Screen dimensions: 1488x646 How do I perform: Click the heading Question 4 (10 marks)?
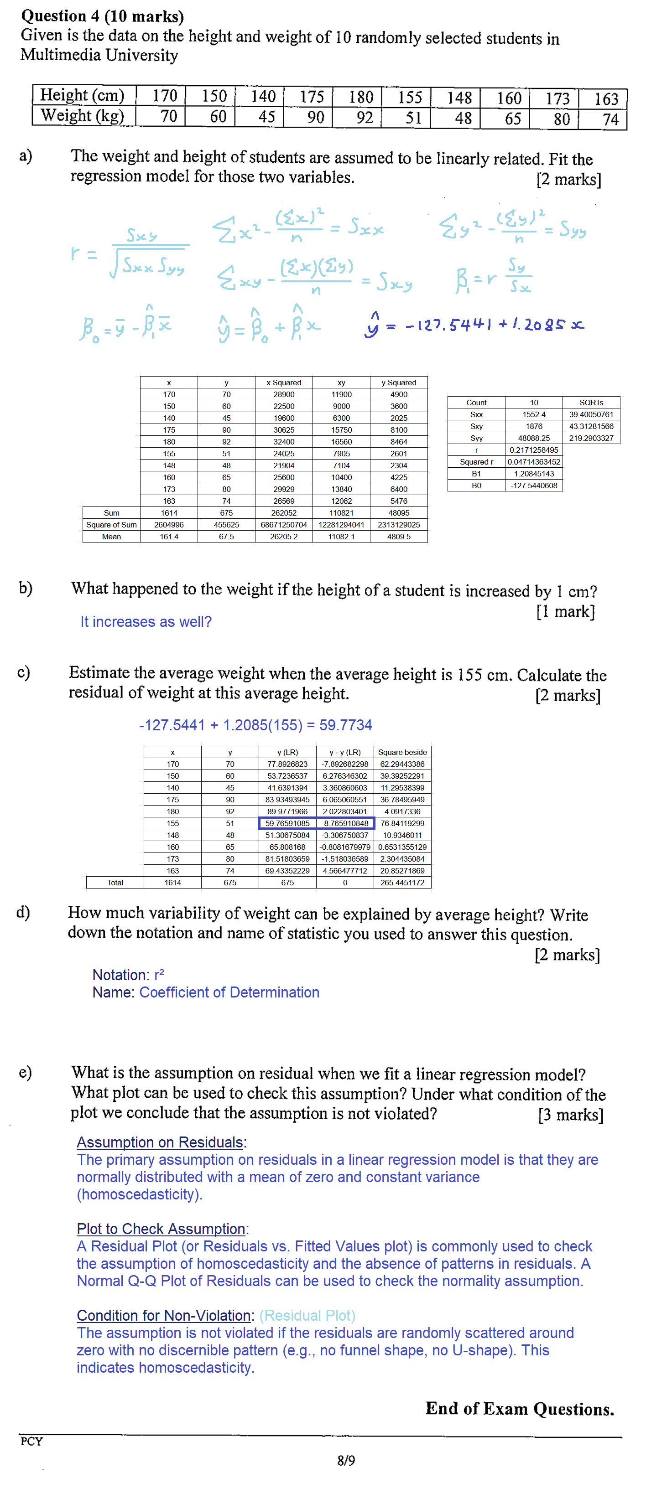click(x=102, y=16)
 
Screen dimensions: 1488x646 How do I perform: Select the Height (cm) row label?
click(x=82, y=95)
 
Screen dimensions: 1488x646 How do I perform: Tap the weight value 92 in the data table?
click(x=365, y=117)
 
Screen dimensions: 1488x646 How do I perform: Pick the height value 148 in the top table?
click(x=459, y=97)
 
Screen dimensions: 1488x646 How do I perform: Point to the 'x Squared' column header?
click(x=284, y=382)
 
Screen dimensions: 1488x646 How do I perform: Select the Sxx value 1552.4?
click(x=533, y=414)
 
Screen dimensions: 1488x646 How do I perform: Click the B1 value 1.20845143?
click(x=533, y=474)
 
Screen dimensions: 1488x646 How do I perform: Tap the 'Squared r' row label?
click(x=476, y=461)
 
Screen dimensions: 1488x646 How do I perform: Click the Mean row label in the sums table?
click(x=111, y=537)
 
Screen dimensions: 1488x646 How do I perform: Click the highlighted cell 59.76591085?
click(x=287, y=823)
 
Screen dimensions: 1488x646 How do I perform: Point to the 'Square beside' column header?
click(x=402, y=752)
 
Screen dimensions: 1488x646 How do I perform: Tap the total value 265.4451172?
click(x=402, y=883)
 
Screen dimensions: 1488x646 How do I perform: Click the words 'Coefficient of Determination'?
click(x=229, y=992)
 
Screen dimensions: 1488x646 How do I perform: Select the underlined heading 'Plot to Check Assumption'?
click(x=161, y=1229)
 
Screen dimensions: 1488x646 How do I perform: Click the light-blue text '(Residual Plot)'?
click(x=307, y=1315)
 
